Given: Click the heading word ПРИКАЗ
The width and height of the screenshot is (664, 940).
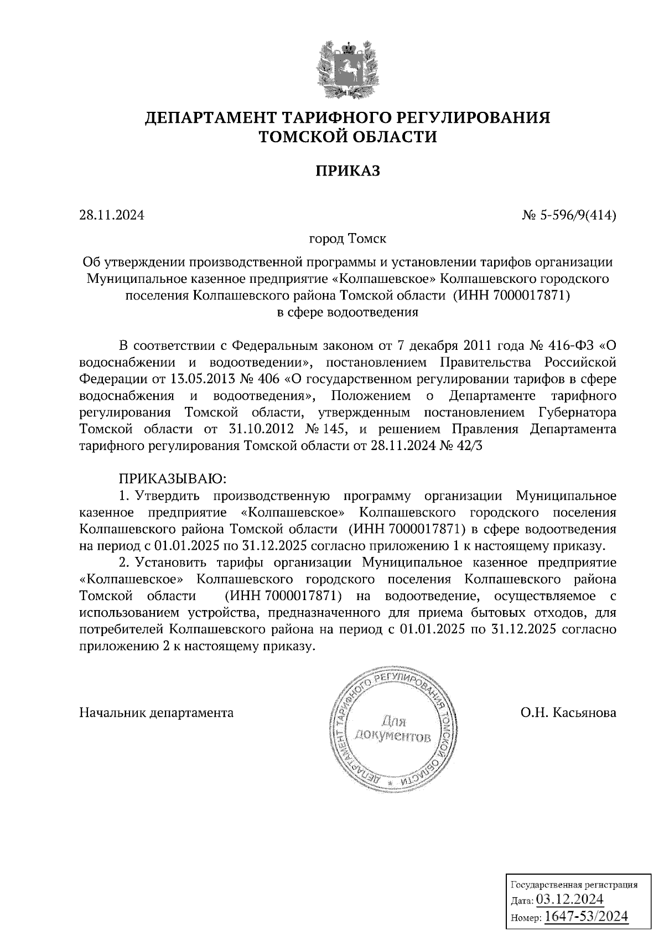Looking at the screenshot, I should pyautogui.click(x=348, y=171).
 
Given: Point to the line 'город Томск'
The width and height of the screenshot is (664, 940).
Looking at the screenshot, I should pyautogui.click(x=347, y=239).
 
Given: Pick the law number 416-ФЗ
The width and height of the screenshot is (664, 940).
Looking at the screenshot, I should pyautogui.click(x=570, y=346).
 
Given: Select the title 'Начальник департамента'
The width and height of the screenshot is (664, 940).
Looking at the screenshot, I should pyautogui.click(x=157, y=712).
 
